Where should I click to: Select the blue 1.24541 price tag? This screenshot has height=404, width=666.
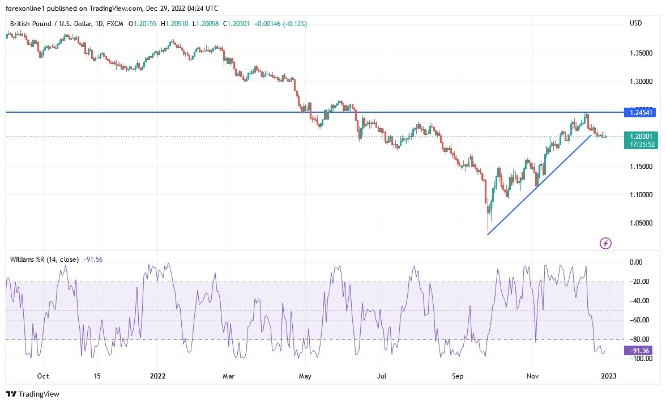coord(641,113)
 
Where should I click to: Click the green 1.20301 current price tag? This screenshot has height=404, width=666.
coord(641,136)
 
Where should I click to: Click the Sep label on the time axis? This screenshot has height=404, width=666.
coord(458,376)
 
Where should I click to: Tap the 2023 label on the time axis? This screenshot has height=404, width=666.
coord(608,376)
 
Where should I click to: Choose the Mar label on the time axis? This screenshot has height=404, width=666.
coord(228,376)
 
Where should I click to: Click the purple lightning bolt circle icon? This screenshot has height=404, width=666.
coord(605,244)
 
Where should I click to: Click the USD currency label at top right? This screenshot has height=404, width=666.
coord(635,23)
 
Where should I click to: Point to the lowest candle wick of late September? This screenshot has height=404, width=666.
coord(488,231)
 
